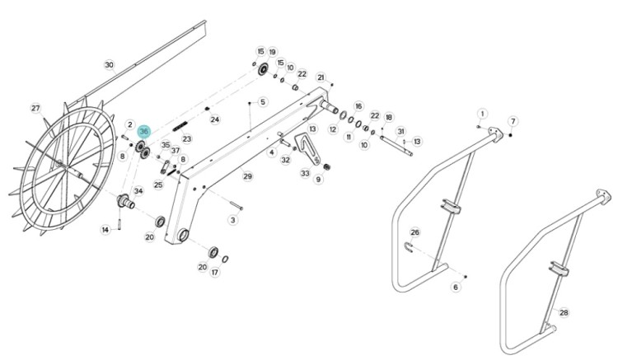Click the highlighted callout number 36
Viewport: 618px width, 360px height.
point(144,131)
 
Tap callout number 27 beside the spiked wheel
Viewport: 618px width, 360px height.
point(35,108)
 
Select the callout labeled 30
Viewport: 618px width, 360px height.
point(110,64)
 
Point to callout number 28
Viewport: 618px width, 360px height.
point(564,312)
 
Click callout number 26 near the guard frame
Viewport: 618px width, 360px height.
point(415,232)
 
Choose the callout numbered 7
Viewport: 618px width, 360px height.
point(513,122)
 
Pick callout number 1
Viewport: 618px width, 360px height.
point(483,114)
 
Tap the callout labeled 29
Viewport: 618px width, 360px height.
point(247,176)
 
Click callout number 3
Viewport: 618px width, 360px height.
point(233,220)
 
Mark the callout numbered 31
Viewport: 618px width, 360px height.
point(401,131)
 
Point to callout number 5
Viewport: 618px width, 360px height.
point(263,102)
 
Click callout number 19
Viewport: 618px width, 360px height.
point(273,52)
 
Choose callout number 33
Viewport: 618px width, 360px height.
point(305,174)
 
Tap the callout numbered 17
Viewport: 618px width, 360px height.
point(215,272)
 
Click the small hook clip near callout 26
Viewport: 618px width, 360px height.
point(410,247)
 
